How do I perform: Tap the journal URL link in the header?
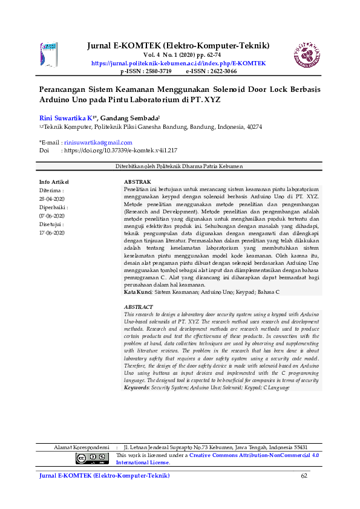(178, 63)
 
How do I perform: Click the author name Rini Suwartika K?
(67, 118)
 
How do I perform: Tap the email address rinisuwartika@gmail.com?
(98, 143)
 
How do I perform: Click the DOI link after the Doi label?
(120, 150)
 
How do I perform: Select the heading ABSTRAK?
(137, 181)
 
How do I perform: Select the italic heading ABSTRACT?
(139, 307)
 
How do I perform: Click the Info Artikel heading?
(54, 181)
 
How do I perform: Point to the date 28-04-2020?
(51, 198)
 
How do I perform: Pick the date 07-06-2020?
(51, 215)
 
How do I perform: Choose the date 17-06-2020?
(51, 232)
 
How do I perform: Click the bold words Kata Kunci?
(137, 291)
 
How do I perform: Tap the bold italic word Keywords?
(137, 387)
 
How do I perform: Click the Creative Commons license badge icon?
(92, 458)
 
